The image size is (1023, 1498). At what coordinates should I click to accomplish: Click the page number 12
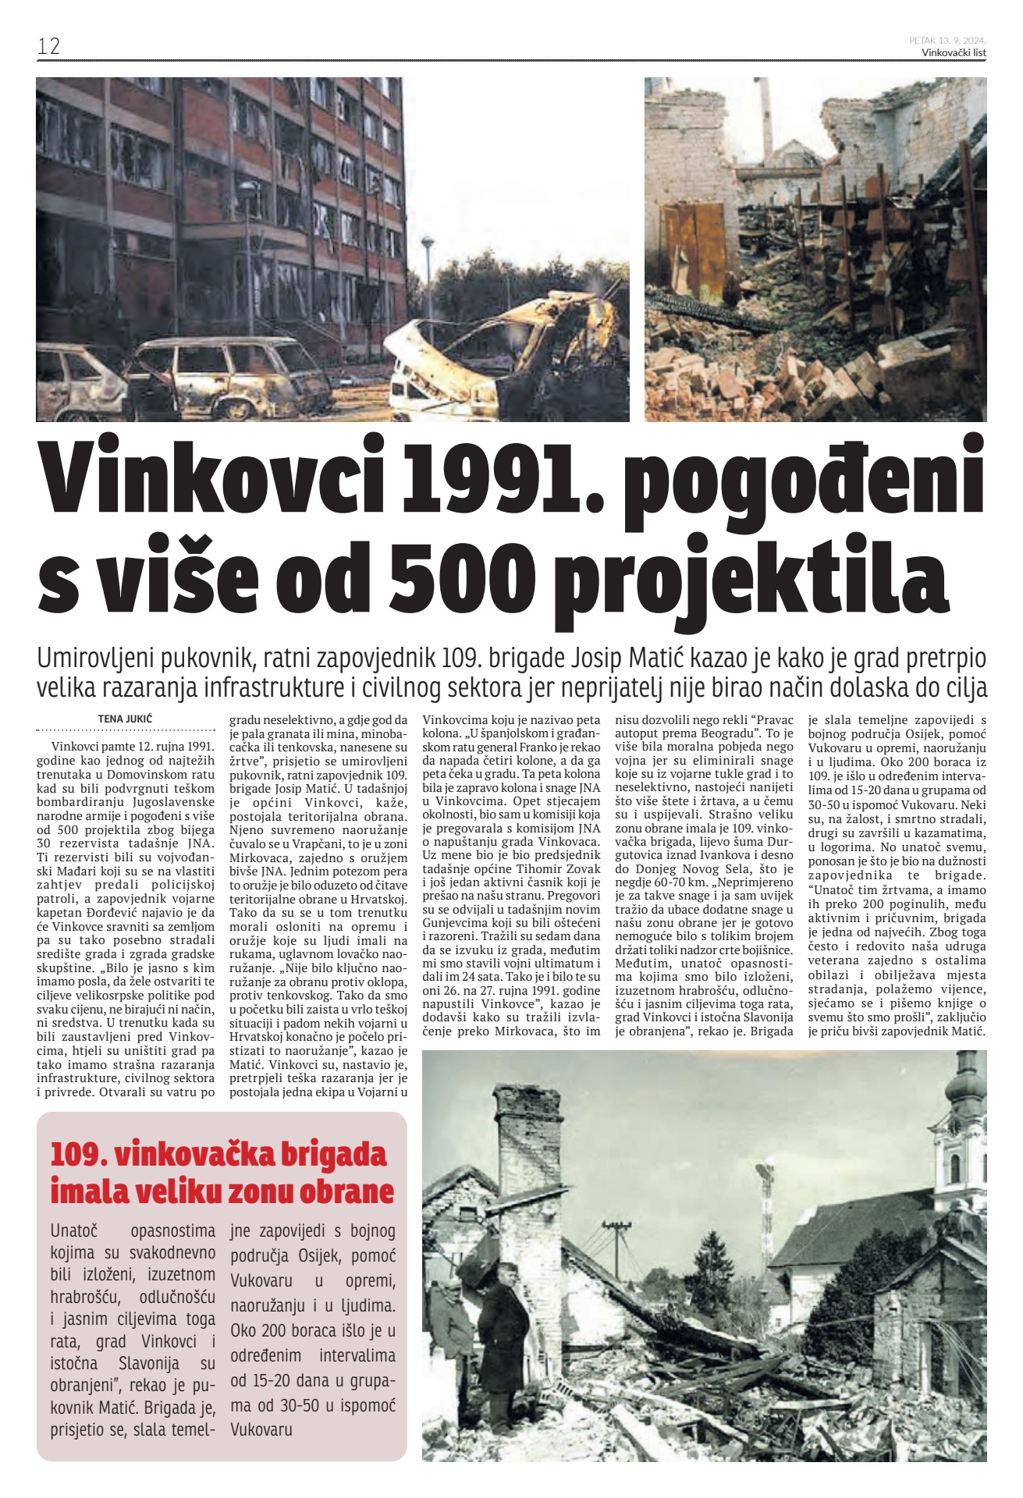(48, 46)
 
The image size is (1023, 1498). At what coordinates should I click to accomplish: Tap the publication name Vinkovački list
(954, 52)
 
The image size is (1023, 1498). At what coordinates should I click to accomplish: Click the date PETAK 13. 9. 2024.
(947, 40)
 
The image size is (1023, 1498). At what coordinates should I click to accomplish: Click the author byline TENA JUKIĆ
(125, 718)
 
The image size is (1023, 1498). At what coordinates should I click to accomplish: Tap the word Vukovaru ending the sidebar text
(261, 1429)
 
